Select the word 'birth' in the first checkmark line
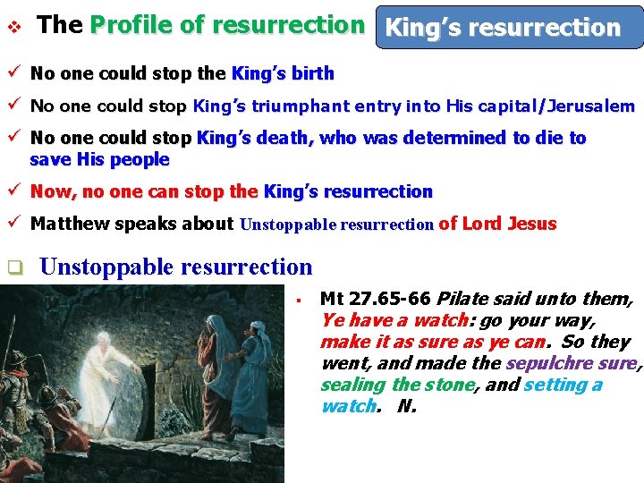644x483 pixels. pos(315,73)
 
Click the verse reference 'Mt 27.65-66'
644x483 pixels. pos(375,299)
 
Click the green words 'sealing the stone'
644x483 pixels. pos(396,385)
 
